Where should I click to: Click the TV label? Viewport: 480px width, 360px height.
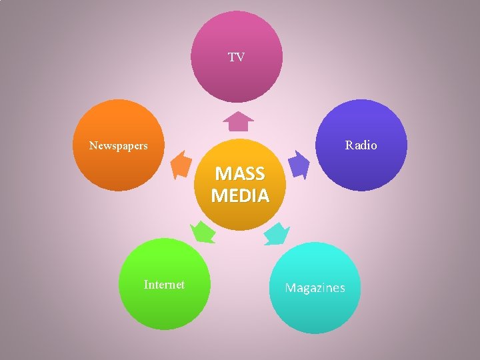pos(236,57)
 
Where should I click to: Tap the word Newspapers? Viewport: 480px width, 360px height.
pos(119,145)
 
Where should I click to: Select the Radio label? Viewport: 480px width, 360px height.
pos(361,145)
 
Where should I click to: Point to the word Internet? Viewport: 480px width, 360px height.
pos(164,285)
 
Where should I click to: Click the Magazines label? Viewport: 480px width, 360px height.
pos(315,288)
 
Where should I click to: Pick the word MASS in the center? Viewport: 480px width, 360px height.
pos(239,174)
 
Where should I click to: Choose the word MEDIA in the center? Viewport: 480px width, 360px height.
pos(240,196)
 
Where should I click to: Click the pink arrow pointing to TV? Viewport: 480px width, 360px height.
pos(238,121)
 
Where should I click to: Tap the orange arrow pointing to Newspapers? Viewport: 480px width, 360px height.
pos(180,165)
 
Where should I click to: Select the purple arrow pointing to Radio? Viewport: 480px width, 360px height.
pos(298,165)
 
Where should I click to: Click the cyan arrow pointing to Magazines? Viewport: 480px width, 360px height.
pos(277,234)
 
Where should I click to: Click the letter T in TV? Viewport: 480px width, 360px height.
pos(232,57)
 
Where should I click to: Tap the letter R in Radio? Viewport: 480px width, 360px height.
pos(348,145)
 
